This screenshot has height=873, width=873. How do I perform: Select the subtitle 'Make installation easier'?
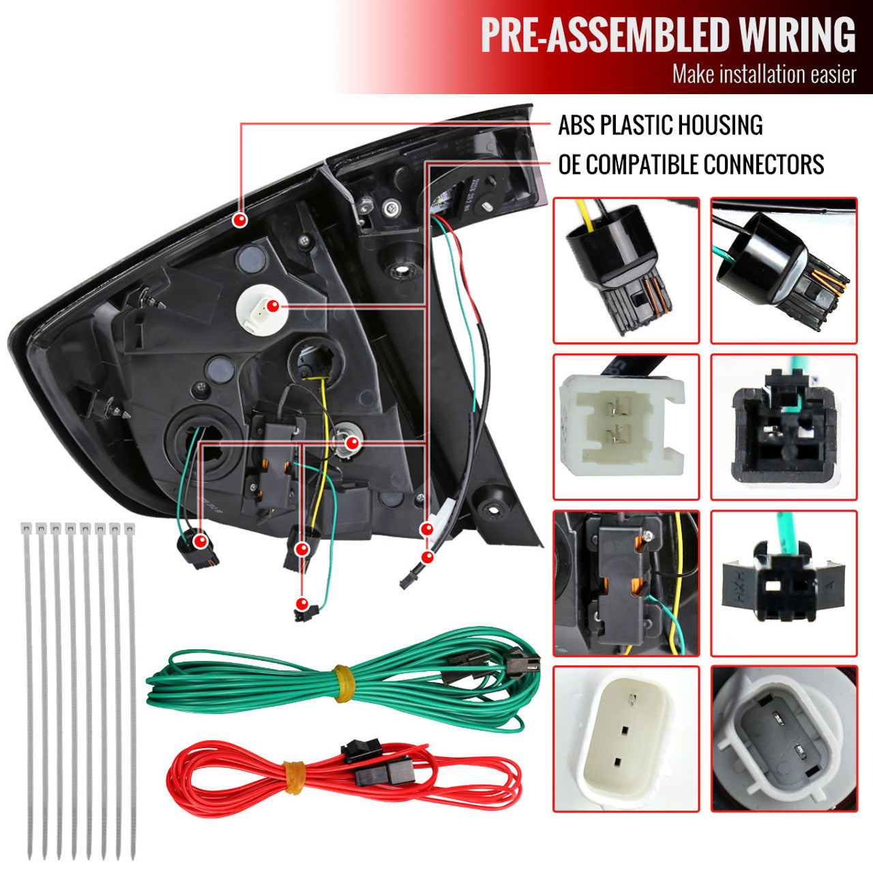click(x=764, y=74)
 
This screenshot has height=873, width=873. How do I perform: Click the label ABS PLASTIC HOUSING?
click(x=660, y=125)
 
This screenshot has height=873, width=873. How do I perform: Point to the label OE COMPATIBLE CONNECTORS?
click(x=691, y=165)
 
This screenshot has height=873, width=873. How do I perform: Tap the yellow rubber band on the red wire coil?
click(x=294, y=777)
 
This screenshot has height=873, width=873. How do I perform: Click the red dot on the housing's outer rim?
click(x=239, y=220)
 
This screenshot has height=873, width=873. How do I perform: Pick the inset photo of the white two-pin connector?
click(x=626, y=427)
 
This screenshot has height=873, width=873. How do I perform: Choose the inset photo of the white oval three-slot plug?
click(x=626, y=739)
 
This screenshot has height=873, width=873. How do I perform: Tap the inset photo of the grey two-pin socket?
click(x=784, y=739)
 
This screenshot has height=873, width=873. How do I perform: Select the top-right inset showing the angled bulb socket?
click(x=784, y=270)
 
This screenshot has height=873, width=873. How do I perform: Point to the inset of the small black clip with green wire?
click(x=784, y=583)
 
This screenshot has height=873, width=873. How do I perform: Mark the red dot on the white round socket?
click(x=273, y=306)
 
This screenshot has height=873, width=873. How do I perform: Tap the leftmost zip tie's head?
click(x=27, y=529)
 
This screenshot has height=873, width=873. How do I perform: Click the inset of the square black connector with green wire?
click(x=784, y=427)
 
